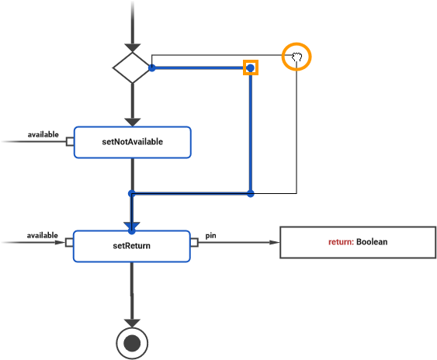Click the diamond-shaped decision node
point(132,68)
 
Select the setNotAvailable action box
point(132,142)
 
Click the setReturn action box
point(131,245)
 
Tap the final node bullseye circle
point(132,341)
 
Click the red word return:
point(341,242)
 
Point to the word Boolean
point(372,242)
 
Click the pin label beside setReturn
point(210,234)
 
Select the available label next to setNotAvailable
point(43,134)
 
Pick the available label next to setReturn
point(43,235)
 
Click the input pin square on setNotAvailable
point(70,142)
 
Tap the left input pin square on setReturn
point(70,243)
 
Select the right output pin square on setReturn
point(194,243)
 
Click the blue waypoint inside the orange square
point(250,68)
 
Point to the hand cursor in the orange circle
point(296,57)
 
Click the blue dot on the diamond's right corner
point(152,68)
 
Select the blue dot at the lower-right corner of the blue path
point(250,192)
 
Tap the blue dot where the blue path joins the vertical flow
point(132,193)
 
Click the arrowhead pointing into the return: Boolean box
point(274,243)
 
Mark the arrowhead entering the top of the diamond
point(132,46)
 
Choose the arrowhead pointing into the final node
point(132,321)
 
